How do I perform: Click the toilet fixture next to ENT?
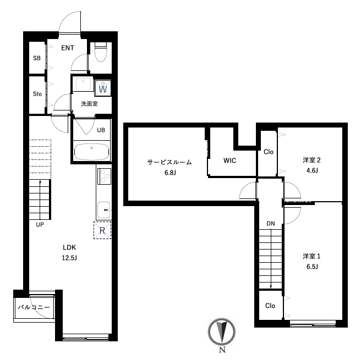coord(101,52)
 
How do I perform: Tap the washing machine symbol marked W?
coord(103,87)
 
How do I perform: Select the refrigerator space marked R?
coord(102,230)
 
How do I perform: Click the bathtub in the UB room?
coord(92,152)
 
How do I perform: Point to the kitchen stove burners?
coord(105,176)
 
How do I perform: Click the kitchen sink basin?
coord(104,210)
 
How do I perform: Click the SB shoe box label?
coord(37,58)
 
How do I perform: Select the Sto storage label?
coord(37,94)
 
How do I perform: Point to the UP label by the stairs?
coord(40,225)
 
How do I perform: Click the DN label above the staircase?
coord(271,224)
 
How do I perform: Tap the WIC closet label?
coord(230,160)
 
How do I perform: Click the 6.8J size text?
coord(170,173)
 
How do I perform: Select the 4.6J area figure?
coord(312,170)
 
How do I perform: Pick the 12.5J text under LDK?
coord(69,258)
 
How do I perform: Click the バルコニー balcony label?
coord(34,307)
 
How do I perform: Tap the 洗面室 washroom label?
coord(89,104)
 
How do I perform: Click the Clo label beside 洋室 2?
coord(269,152)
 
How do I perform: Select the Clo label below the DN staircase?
coord(270,306)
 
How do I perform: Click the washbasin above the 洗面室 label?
coord(83,84)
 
